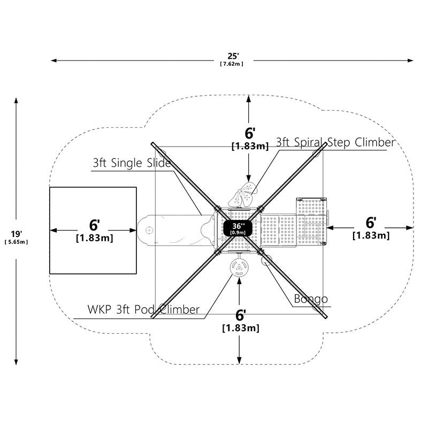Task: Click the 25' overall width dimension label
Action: click(x=233, y=56)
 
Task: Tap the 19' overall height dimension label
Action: click(x=17, y=234)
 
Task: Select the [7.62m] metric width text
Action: click(x=232, y=64)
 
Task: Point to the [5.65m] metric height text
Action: click(x=16, y=242)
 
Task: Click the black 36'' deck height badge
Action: click(x=238, y=228)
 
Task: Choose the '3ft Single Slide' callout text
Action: click(x=132, y=163)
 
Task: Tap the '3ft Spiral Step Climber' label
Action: click(x=336, y=142)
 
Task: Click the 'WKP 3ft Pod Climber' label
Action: click(x=143, y=310)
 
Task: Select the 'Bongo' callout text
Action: click(x=311, y=299)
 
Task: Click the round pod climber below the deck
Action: click(x=239, y=268)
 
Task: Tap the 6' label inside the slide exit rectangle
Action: click(x=95, y=225)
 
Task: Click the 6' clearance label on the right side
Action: click(x=371, y=223)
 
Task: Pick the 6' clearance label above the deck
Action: click(x=250, y=133)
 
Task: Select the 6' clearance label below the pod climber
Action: click(x=240, y=315)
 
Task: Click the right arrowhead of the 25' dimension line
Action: click(x=410, y=60)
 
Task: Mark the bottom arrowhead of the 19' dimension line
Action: click(x=16, y=362)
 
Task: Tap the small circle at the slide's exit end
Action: click(x=149, y=230)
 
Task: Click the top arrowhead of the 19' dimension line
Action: click(x=16, y=101)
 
